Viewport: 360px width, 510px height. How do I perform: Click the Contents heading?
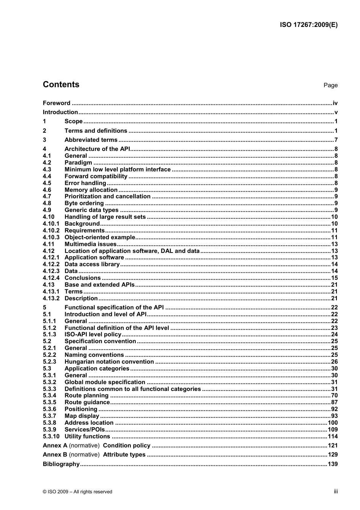(61, 85)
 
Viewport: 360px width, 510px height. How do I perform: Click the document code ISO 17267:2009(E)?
(308, 25)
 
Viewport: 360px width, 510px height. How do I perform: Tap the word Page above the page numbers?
(330, 85)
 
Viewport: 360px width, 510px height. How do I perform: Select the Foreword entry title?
(56, 103)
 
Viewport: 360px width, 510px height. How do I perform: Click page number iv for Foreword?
(335, 103)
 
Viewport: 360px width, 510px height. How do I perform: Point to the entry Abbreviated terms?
(91, 140)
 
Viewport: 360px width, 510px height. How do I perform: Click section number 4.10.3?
(51, 237)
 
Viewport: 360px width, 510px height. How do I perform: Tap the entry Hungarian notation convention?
(109, 362)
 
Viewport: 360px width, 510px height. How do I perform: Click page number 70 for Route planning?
(334, 395)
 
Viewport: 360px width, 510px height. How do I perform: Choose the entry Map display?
(82, 416)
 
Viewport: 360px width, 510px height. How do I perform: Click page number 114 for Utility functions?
(333, 436)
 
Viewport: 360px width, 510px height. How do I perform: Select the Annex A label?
(55, 446)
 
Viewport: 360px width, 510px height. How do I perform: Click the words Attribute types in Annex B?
(124, 455)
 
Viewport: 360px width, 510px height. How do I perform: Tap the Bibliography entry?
(61, 464)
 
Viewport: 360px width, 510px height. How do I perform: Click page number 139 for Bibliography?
(333, 464)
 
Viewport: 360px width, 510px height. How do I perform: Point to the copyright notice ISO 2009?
(78, 492)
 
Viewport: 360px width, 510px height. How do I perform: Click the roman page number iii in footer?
(336, 491)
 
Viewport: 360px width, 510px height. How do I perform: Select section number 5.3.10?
(51, 436)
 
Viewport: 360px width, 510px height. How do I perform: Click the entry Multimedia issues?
(91, 244)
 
